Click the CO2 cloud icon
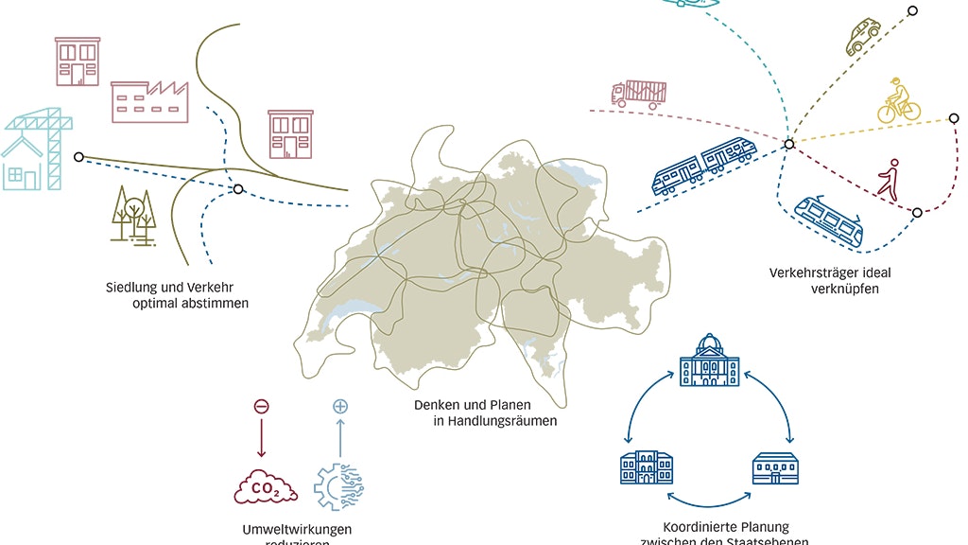[x=264, y=489]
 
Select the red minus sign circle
[x=262, y=407]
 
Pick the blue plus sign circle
[x=340, y=407]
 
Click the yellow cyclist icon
[x=899, y=100]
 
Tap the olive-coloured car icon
[x=862, y=37]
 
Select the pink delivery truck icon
[x=639, y=93]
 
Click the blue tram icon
[x=829, y=220]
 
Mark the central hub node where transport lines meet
[x=788, y=144]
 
